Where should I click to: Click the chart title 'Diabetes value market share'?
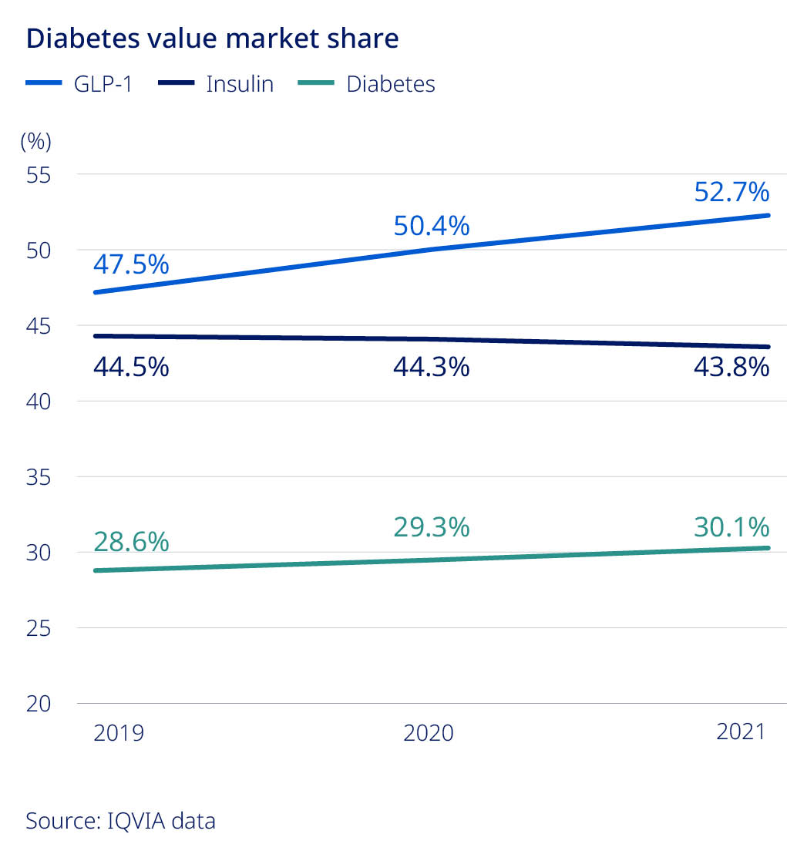(212, 39)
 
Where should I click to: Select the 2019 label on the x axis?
(119, 732)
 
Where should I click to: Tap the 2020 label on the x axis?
(429, 732)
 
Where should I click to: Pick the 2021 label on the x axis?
(742, 731)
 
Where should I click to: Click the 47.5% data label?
(131, 264)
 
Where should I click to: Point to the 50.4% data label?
(431, 226)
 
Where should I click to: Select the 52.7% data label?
(732, 190)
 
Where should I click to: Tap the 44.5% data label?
(131, 367)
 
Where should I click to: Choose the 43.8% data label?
(732, 366)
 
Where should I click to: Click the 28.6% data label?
(131, 541)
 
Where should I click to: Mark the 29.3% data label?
(431, 527)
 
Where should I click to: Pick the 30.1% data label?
(732, 527)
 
